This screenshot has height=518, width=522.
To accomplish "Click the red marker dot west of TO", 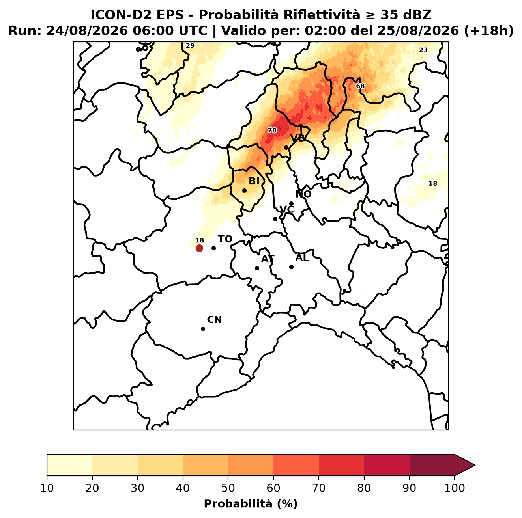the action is click(x=199, y=248).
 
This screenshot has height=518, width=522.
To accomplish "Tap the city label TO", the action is click(x=225, y=239).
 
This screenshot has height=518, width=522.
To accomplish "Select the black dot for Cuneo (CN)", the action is click(x=203, y=329).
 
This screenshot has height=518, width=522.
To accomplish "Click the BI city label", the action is click(x=254, y=181).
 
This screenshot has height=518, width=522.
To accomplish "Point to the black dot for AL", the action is click(x=291, y=267).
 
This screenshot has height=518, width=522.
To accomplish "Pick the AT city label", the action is click(x=268, y=259).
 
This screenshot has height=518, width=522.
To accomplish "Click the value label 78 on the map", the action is click(x=272, y=130).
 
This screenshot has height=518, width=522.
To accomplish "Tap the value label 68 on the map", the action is click(x=360, y=86).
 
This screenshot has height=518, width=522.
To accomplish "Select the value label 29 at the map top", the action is click(x=190, y=45).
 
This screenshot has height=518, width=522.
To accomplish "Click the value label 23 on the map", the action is click(x=423, y=50).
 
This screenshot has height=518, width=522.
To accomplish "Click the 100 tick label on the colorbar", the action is click(x=455, y=488).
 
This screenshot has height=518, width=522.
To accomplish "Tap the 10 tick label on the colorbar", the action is click(x=47, y=488).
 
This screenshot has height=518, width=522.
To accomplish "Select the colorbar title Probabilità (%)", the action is click(x=251, y=504).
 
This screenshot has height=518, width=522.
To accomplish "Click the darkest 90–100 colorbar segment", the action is click(x=432, y=465).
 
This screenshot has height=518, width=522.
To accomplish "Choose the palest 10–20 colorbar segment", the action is click(x=69, y=465).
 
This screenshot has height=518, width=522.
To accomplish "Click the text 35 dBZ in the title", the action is click(x=406, y=15).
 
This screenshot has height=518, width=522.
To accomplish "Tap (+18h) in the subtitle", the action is click(x=489, y=31).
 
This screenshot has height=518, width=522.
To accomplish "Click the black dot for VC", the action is click(x=275, y=219).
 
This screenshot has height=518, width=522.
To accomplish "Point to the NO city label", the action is click(x=303, y=194).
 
